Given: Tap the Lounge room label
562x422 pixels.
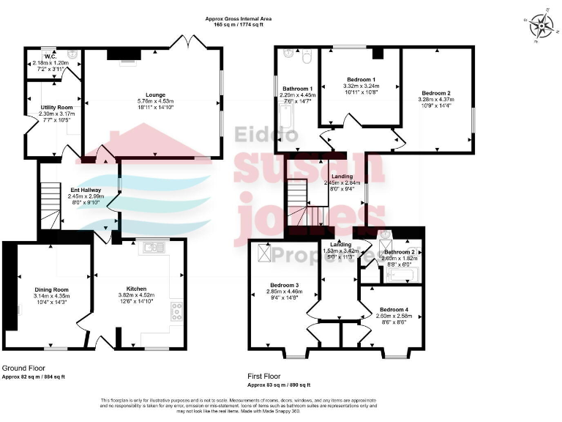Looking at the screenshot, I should [155, 95].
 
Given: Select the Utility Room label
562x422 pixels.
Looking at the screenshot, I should [53, 107].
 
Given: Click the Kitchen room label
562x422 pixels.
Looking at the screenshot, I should [136, 289].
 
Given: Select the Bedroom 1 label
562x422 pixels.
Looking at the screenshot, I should [361, 79].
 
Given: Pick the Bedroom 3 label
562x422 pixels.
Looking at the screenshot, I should [282, 285].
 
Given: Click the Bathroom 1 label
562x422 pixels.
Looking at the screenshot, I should [297, 89].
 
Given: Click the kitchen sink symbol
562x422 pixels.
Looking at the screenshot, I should [154, 247].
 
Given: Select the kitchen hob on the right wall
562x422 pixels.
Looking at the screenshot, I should [176, 311].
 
